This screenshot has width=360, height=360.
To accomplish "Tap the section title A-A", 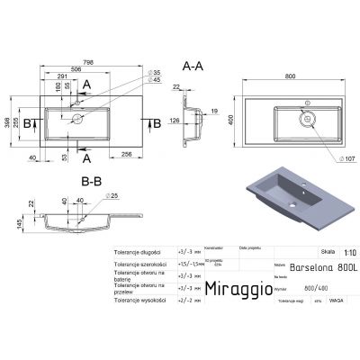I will click(x=193, y=67).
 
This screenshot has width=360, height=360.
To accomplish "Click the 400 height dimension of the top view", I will click(x=232, y=119).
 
